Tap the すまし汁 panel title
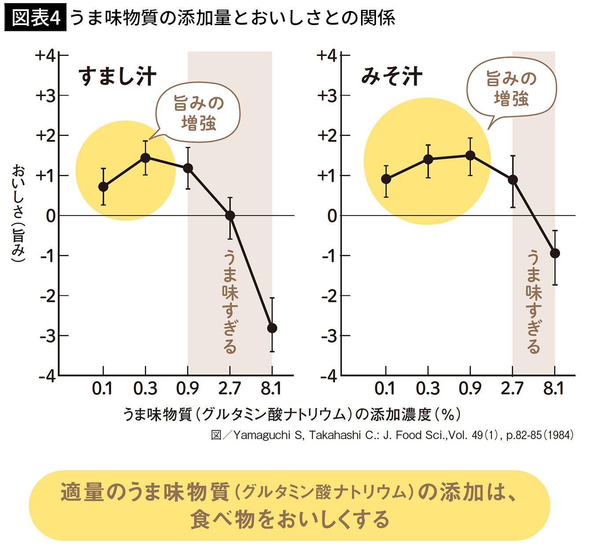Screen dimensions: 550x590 117,76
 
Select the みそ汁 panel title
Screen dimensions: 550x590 391,76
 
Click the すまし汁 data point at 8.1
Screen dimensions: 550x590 272,328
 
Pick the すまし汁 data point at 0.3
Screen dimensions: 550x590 145,158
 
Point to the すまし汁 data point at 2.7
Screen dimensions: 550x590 230,216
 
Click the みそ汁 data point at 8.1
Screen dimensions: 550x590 555,253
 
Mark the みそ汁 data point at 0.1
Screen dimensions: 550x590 386,179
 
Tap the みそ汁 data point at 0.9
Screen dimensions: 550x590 470,155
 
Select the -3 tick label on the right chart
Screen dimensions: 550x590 328,336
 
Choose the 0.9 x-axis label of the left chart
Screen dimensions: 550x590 188,388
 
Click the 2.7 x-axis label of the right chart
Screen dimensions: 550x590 512,388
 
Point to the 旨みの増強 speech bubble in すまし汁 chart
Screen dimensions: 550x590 198,114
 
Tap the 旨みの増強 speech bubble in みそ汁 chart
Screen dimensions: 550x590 511,89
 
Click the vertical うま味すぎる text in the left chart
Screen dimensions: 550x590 230,301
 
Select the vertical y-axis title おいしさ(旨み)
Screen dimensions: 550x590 18,213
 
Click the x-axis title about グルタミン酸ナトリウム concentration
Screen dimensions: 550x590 291,414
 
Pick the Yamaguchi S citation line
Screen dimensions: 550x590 392,435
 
